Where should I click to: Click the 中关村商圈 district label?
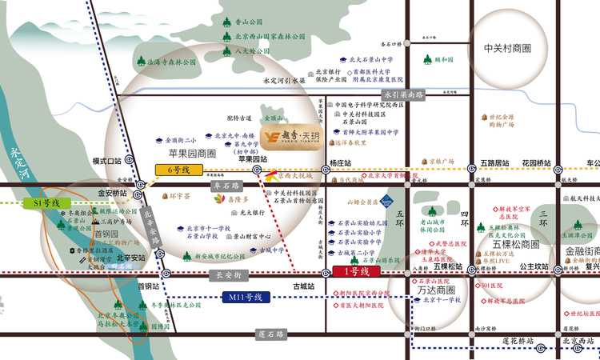click(x=507, y=49)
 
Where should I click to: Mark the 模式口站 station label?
click(x=106, y=161)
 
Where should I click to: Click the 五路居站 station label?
click(x=494, y=162)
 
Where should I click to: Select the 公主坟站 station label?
click(x=533, y=266)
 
